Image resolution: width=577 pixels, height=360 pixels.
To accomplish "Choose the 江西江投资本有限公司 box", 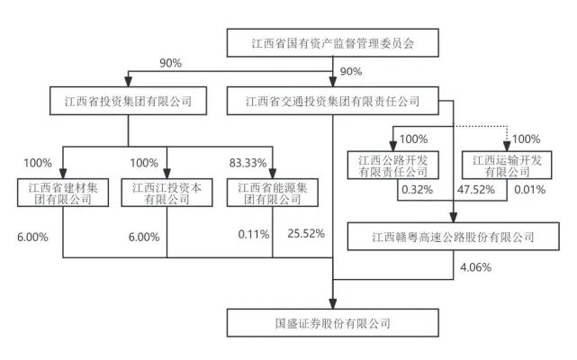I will [167, 193].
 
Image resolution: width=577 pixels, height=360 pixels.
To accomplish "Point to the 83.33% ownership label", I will [248, 163].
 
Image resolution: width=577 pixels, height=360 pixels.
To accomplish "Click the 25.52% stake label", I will [304, 237].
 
